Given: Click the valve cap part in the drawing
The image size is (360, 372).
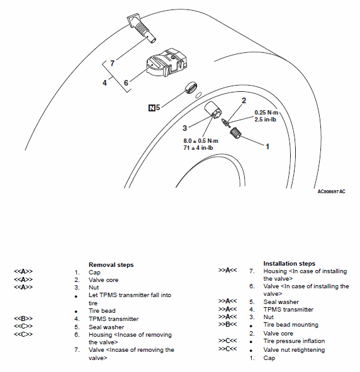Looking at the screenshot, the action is coord(235,133).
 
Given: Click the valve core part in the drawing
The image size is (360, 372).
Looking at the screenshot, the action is coord(225,122).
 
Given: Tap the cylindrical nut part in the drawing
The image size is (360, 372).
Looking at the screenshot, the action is coord(213,110).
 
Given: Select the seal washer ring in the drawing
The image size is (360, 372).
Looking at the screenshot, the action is coord(191,87).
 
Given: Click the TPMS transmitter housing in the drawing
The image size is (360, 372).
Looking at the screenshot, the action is coord(166,63).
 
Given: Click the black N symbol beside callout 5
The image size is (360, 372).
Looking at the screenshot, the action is coord(152,108).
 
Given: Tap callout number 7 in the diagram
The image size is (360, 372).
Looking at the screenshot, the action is coord(112,64).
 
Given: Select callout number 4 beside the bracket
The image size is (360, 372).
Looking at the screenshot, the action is coord(104,83).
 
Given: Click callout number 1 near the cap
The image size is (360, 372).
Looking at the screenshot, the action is coord(267,147).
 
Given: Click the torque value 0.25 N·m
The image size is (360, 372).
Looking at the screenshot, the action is coord(266,113).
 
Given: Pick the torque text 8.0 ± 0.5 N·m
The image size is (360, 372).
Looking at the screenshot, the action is coord(201,141).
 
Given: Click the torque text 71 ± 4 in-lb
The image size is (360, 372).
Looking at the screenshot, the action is coord(198,148).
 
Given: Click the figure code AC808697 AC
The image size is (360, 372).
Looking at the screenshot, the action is coord(331,191).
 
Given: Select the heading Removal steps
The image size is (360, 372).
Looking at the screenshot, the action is coord(111,265).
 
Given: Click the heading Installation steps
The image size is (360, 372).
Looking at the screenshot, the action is coord(289,264).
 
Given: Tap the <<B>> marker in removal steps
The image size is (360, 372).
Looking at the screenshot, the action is coord(23,318).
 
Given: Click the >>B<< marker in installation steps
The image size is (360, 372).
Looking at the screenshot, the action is coord(227,324).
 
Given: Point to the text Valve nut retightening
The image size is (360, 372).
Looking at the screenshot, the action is coord(294,350).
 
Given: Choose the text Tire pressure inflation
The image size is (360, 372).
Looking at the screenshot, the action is coord(294,341).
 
